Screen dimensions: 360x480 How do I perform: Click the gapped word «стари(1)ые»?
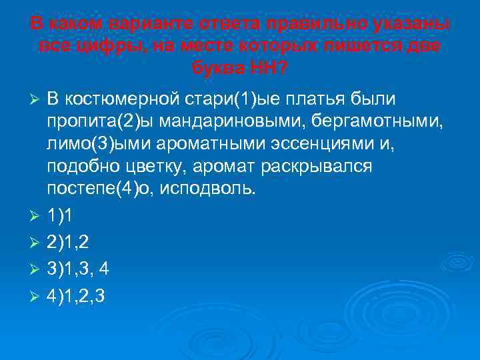233,99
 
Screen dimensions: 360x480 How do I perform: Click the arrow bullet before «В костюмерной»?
37,100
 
